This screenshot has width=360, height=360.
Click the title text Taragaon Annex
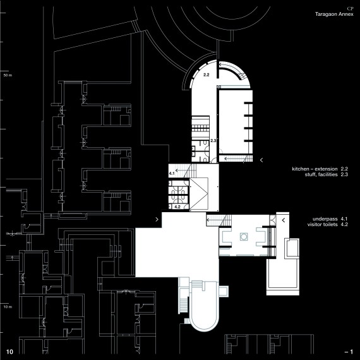click(x=334, y=15)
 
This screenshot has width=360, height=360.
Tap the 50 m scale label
click(x=8, y=75)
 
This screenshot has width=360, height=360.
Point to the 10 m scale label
click(x=8, y=307)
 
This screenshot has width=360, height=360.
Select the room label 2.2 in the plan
click(x=206, y=75)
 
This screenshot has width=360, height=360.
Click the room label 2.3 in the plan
click(x=213, y=140)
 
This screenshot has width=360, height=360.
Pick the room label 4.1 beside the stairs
click(x=172, y=173)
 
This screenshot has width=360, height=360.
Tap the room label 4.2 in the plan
click(x=177, y=207)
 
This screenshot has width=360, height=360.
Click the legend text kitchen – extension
click(x=315, y=169)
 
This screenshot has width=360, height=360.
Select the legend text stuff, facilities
click(x=321, y=174)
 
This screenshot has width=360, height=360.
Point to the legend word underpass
click(x=325, y=219)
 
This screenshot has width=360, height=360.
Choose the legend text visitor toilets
click(x=323, y=225)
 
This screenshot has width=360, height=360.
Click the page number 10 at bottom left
click(x=9, y=352)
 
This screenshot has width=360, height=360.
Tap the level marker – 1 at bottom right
click(x=349, y=352)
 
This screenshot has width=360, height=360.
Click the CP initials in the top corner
click(x=350, y=9)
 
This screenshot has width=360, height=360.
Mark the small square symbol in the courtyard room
click(x=244, y=236)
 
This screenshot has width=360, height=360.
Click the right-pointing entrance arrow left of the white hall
click(x=157, y=219)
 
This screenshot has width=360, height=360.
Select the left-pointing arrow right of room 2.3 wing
click(x=261, y=160)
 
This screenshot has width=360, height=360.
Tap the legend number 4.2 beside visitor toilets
click(x=344, y=225)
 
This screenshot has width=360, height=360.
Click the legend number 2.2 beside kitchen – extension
click(x=344, y=169)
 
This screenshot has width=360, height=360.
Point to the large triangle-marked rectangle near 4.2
click(x=199, y=193)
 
